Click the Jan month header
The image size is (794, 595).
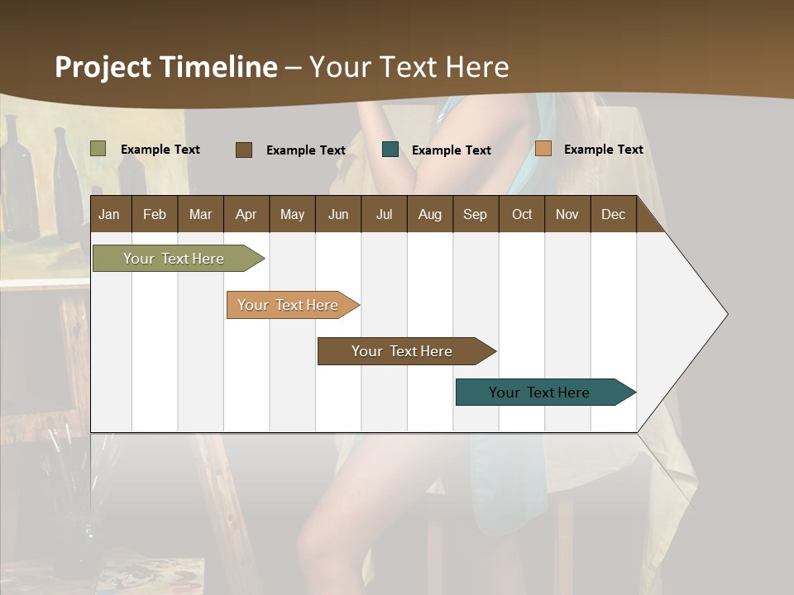[109, 215]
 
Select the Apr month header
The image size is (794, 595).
[246, 215]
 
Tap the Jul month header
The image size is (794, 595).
[384, 215]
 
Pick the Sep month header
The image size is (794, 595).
[475, 215]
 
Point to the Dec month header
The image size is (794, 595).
[613, 215]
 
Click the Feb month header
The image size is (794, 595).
[155, 215]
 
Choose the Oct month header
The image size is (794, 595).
[522, 215]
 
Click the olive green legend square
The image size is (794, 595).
[98, 149]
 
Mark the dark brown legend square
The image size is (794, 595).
[243, 150]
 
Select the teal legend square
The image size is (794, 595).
[390, 150]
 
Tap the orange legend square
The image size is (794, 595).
[543, 149]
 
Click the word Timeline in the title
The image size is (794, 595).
[218, 67]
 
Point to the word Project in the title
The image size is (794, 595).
[103, 67]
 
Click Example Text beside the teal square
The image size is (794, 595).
[451, 150]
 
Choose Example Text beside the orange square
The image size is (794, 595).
[603, 150]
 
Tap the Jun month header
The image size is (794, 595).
[338, 215]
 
